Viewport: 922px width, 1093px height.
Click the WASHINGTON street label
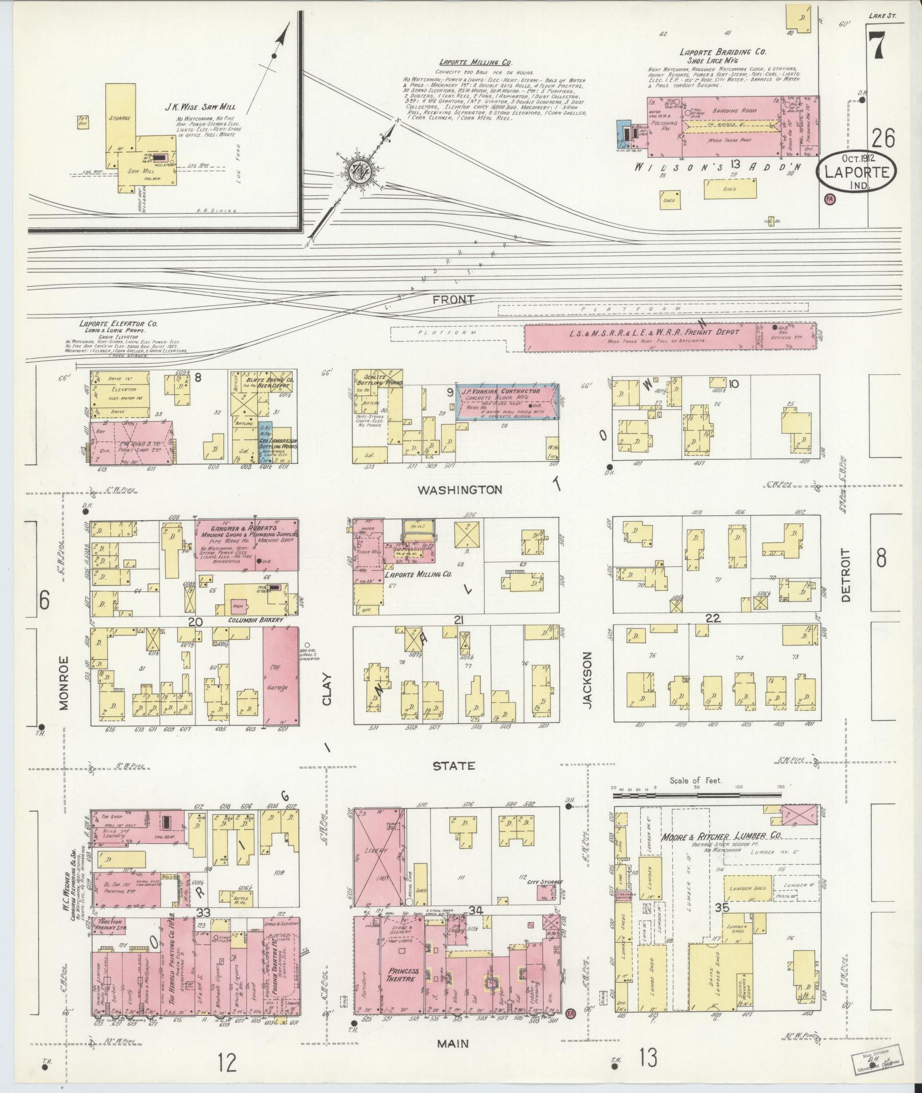[460, 490]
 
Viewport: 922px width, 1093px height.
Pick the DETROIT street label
[847, 575]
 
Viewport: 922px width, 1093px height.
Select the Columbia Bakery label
[256, 620]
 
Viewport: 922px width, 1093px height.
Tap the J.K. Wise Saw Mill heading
[200, 107]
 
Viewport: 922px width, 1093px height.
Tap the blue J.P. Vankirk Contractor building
[506, 402]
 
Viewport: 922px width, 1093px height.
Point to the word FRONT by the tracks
[454, 299]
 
